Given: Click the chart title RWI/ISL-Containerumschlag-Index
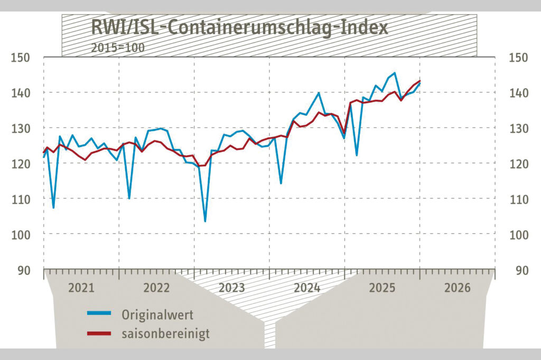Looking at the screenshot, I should pos(239,27).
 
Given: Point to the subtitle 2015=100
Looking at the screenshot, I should pos(117,46).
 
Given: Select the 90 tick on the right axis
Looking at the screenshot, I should pos(521,270).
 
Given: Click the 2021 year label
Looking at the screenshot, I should pos(81,288).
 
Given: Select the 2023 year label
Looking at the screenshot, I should pos(231,288).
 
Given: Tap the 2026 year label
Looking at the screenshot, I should pos(458,288).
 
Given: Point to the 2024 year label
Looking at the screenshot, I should pos(307,288).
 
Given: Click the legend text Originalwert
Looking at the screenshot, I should pos(157,316).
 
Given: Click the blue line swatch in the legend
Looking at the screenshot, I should pos(99,314).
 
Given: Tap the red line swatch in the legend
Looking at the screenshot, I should pos(99,333).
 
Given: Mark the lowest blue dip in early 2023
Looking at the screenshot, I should pos(205,221).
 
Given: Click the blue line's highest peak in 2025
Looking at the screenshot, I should pos(395,73).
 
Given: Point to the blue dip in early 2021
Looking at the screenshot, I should pos(53,207).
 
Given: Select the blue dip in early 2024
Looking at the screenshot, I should pos(281,183).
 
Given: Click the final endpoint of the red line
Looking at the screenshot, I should pos(419,81).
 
